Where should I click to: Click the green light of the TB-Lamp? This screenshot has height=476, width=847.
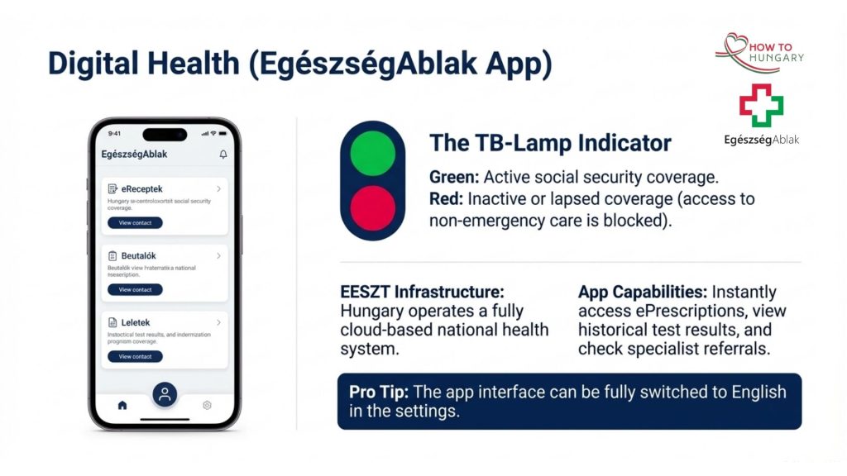pos(373,154)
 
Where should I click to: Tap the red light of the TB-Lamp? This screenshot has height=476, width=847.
pos(373,207)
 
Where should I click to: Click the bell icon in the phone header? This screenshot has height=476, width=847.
pos(223,155)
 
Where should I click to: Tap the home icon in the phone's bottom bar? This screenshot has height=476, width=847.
pos(122,405)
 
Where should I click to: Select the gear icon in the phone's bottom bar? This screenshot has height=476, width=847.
pos(207,405)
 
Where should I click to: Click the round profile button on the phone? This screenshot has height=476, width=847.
pos(165,394)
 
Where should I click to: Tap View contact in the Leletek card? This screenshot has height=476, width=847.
pos(135,356)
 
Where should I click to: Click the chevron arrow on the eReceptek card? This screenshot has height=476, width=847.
pos(218,189)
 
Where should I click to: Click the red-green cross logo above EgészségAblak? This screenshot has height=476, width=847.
pos(761,105)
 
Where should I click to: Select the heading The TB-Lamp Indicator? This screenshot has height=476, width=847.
pos(550,143)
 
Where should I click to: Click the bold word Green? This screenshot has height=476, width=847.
pos(454,177)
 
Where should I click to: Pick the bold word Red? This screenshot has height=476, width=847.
pos(447,198)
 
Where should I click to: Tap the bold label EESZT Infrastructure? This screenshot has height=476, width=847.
pos(423,292)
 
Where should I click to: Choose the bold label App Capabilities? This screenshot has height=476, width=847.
pos(642,292)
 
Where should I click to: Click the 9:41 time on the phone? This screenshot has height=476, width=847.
pos(114,133)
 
